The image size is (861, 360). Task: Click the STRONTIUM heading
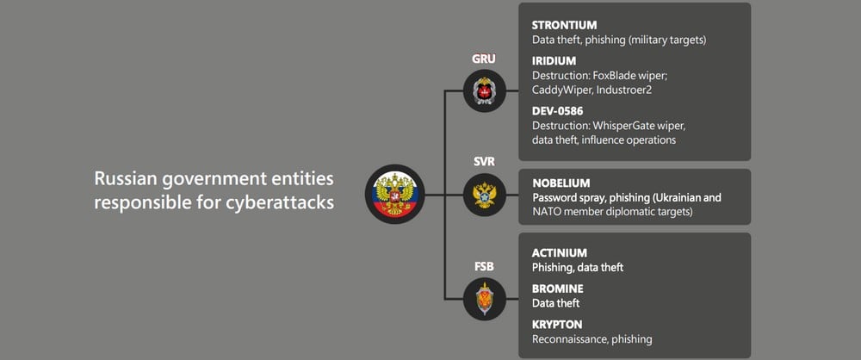(x=565, y=25)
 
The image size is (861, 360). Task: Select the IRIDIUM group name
(x=554, y=61)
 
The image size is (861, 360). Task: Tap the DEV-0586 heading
(x=557, y=111)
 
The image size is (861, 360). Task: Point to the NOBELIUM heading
(x=561, y=183)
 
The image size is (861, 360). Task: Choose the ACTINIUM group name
(x=560, y=253)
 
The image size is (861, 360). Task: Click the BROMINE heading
(x=558, y=289)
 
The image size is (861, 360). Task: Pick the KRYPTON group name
(x=557, y=325)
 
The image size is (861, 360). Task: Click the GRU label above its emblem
(x=484, y=59)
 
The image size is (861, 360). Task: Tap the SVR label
(x=484, y=163)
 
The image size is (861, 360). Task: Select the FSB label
(x=484, y=267)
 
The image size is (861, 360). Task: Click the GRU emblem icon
(x=484, y=90)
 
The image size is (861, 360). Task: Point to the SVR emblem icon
(x=484, y=195)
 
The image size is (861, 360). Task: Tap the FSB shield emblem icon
(x=484, y=299)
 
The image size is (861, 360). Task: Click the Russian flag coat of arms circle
(x=395, y=194)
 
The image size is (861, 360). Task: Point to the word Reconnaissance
(x=568, y=339)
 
